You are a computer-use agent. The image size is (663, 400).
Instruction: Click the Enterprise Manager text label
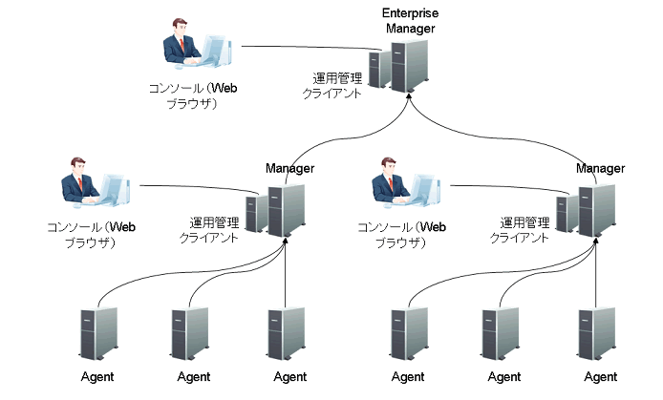[410, 20]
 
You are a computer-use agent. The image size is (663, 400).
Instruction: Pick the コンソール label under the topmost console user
[192, 95]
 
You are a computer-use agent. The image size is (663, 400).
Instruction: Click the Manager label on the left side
[289, 169]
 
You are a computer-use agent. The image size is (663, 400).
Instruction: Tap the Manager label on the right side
[601, 169]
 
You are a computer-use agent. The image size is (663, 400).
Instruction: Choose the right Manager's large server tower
[597, 210]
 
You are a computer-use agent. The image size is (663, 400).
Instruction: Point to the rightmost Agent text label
[601, 377]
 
